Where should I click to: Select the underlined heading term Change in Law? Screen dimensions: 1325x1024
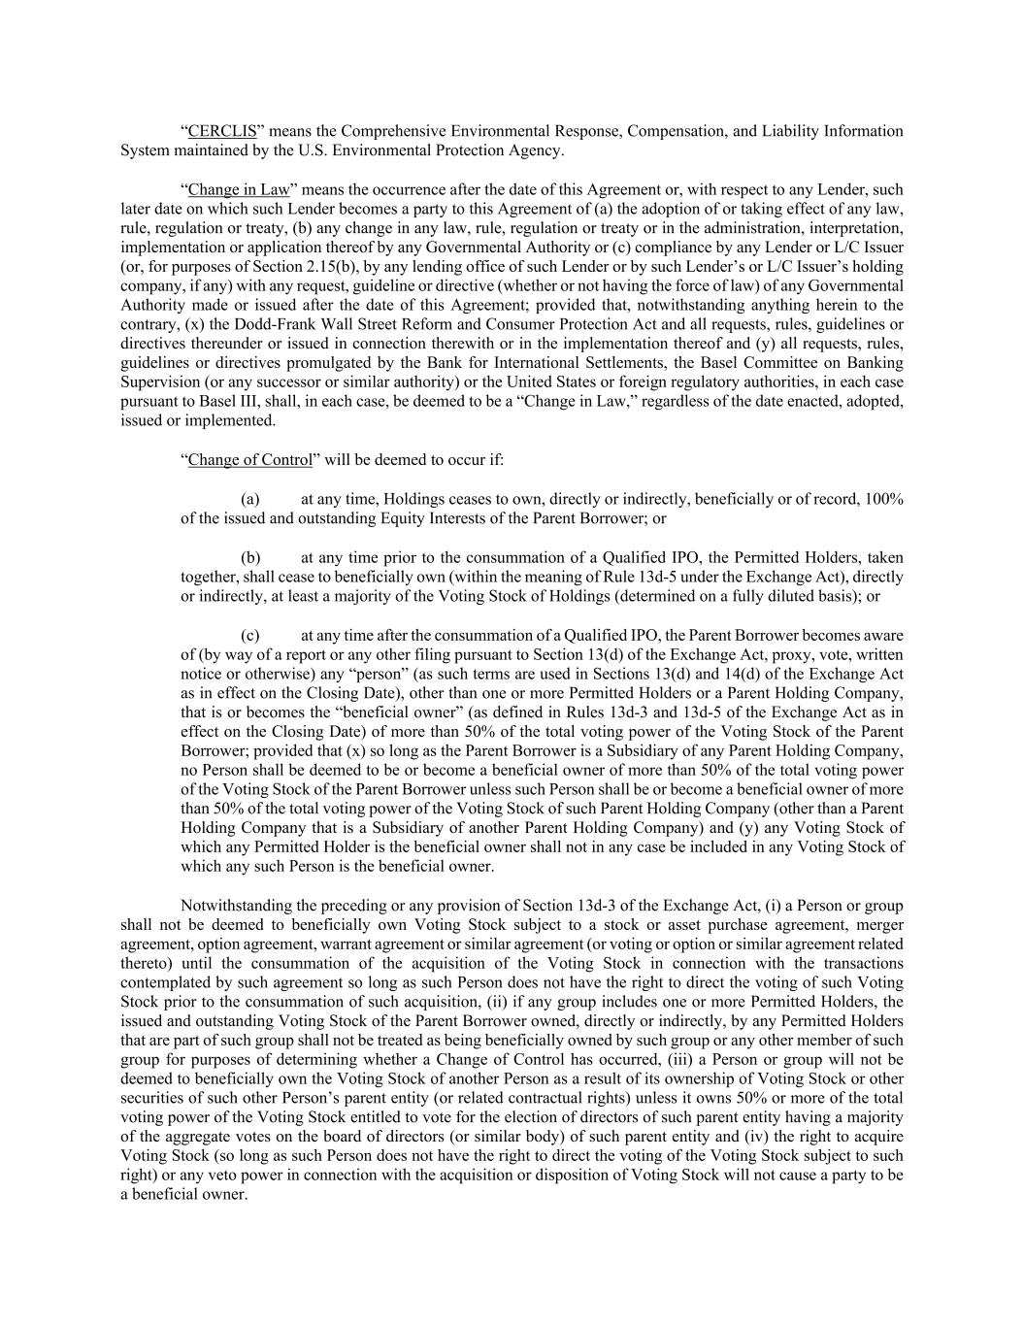point(239,189)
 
